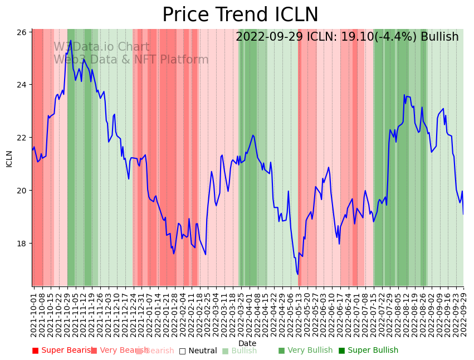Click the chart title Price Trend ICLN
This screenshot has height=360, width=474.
tap(240, 15)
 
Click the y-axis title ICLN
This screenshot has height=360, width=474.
tap(9, 158)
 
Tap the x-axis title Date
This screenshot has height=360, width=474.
tap(247, 343)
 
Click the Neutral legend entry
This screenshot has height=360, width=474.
tap(198, 351)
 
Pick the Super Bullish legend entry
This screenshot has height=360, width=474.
tap(368, 351)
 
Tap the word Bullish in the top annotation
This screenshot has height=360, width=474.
tap(439, 37)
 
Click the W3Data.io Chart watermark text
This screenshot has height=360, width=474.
tap(101, 47)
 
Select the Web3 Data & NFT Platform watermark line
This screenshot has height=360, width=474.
tap(131, 60)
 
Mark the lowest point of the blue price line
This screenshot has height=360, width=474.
tap(297, 274)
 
